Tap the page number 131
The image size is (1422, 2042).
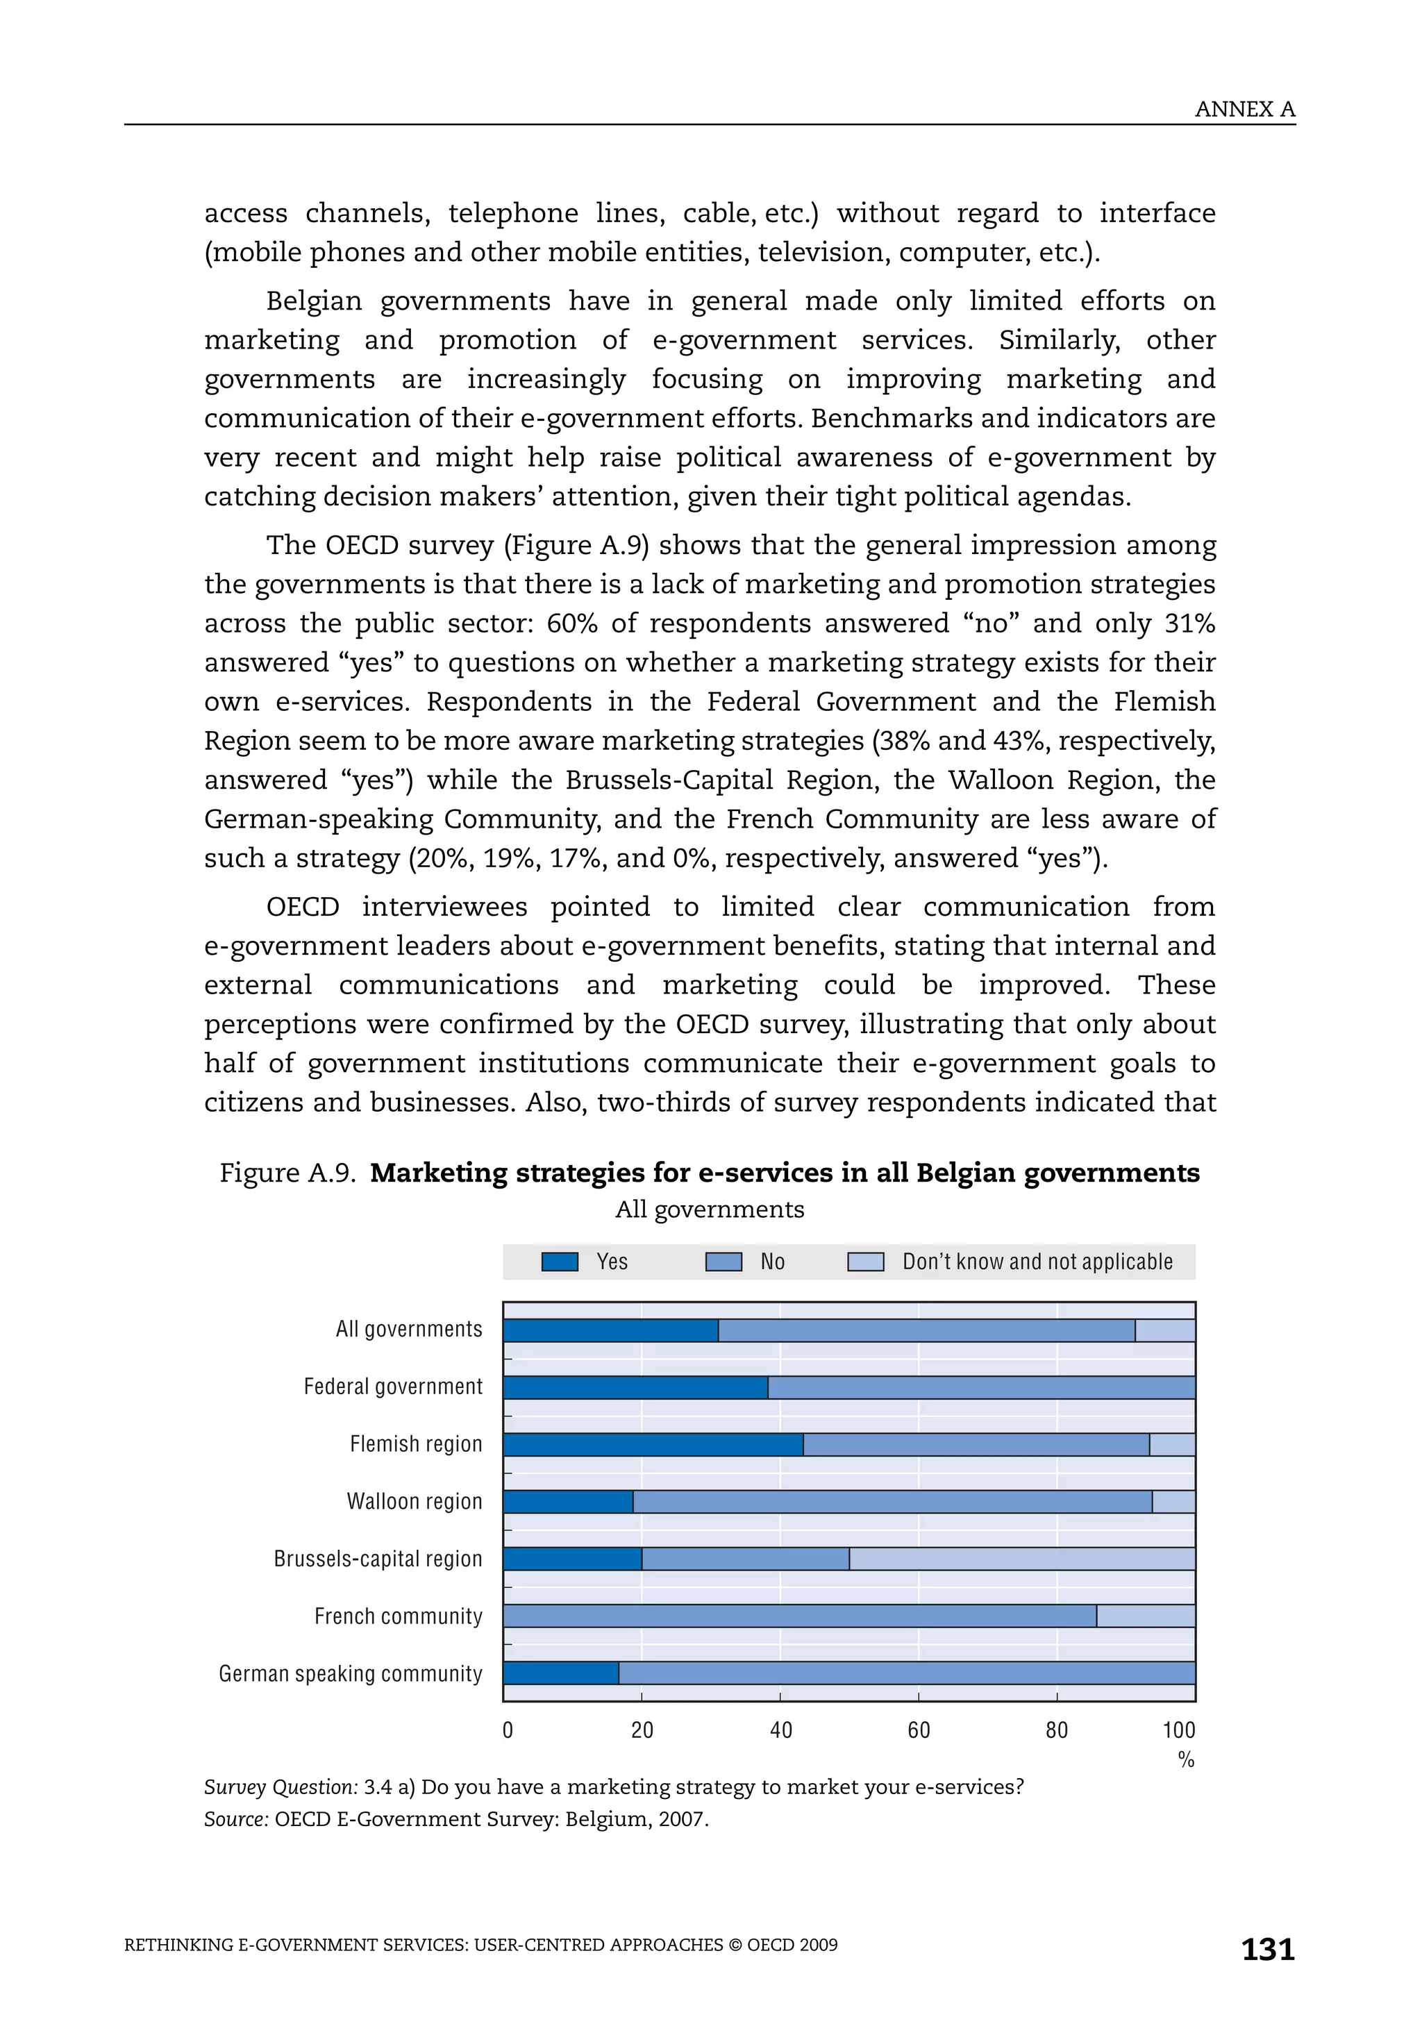(1267, 1949)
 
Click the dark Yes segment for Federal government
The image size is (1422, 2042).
(635, 1387)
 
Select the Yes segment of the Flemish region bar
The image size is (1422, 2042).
(653, 1444)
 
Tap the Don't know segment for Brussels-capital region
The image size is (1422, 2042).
(1021, 1558)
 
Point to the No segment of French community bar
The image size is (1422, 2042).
(798, 1616)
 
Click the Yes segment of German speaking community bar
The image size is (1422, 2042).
(560, 1673)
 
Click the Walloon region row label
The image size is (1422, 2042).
(415, 1501)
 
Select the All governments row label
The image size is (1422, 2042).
(409, 1329)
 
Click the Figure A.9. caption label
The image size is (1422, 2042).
(287, 1173)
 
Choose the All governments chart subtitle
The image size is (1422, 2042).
(710, 1210)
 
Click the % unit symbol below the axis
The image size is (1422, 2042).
(1185, 1759)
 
